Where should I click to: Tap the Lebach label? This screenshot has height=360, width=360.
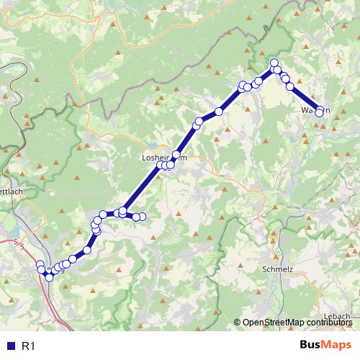pyautogui.click(x=336, y=318)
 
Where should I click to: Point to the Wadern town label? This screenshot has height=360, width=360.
pyautogui.click(x=315, y=111)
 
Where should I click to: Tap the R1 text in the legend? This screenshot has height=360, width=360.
pyautogui.click(x=29, y=346)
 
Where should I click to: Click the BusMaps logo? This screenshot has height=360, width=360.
pyautogui.click(x=325, y=346)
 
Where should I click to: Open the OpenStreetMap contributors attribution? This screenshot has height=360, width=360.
pyautogui.click(x=295, y=323)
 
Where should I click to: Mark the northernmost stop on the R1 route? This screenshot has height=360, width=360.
pyautogui.click(x=274, y=63)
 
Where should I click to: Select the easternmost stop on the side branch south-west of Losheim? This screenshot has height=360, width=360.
pyautogui.click(x=142, y=217)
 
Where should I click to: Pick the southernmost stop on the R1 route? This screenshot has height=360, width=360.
pyautogui.click(x=49, y=277)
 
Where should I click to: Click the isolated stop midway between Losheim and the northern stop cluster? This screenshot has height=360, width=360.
pyautogui.click(x=218, y=112)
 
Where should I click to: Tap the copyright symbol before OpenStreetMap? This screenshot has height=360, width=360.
pyautogui.click(x=238, y=323)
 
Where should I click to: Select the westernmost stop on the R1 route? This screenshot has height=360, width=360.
pyautogui.click(x=40, y=264)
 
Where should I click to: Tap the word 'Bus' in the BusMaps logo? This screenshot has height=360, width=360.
pyautogui.click(x=312, y=346)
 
